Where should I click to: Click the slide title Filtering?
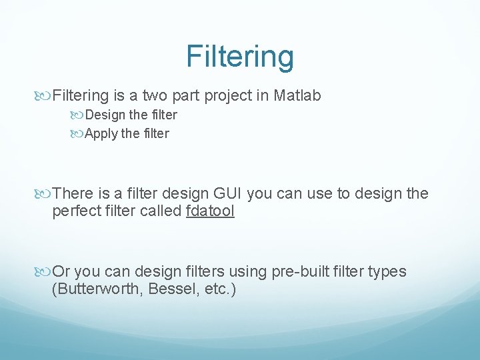239,56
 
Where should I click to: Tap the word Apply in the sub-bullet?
101,133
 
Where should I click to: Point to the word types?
385,272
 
